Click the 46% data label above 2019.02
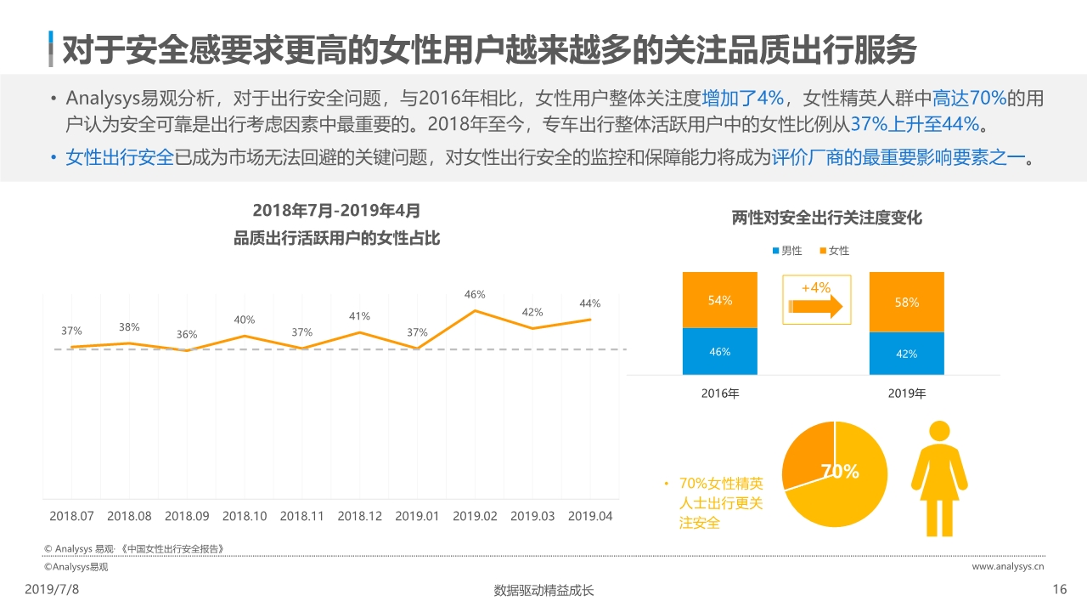(474, 295)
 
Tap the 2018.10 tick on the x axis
(245, 516)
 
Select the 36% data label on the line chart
(187, 335)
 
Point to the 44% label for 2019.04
(589, 303)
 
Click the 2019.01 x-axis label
(417, 516)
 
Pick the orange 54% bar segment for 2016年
(719, 300)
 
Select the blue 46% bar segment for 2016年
(719, 352)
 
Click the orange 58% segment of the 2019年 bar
(906, 302)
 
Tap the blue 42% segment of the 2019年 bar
(906, 354)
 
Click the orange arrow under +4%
(815, 307)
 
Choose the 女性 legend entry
(834, 251)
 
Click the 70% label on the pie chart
(839, 472)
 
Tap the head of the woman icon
(939, 431)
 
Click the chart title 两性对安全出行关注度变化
(826, 218)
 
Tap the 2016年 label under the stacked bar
(719, 394)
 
